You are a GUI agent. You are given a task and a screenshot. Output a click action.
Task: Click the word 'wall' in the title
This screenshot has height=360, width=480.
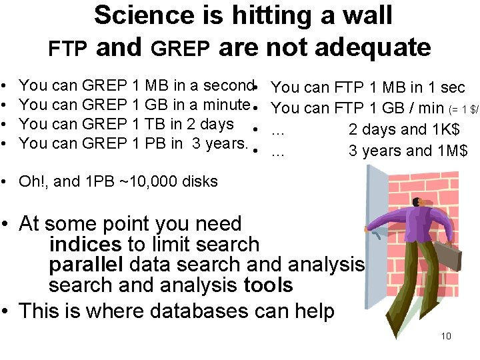click(x=367, y=15)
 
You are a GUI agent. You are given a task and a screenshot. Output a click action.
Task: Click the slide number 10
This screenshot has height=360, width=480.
click(x=446, y=335)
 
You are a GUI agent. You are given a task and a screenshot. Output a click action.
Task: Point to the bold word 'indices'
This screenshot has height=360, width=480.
click(x=85, y=245)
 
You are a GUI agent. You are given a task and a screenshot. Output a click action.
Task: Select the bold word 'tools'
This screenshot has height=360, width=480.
click(x=268, y=285)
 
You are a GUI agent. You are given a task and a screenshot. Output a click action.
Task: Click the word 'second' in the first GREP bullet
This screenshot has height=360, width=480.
click(x=227, y=85)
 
